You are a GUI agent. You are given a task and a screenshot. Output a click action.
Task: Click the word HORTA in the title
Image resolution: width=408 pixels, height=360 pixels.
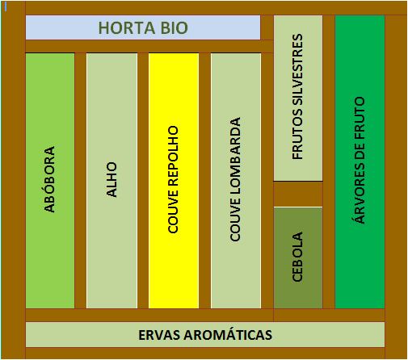click(127, 28)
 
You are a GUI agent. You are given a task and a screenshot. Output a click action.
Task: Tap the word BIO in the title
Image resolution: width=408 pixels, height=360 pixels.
click(175, 28)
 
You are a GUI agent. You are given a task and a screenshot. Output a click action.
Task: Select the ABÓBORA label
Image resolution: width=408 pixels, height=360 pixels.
click(49, 179)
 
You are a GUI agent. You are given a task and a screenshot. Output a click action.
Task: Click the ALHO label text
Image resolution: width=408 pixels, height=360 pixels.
click(111, 179)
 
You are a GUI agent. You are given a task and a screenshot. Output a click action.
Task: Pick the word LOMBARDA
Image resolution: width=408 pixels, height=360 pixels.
click(235, 157)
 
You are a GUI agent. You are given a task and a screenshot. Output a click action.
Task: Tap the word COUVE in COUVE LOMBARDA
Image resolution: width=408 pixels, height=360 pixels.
click(235, 220)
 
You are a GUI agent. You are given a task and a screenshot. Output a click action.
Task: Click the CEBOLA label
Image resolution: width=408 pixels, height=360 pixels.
click(297, 257)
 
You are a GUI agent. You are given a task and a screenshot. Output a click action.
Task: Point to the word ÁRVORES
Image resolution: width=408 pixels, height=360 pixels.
click(360, 193)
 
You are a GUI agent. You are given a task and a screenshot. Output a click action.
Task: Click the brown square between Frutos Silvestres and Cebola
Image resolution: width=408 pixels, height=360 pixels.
click(298, 194)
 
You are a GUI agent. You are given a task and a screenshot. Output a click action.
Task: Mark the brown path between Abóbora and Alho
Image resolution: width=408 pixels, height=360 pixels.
click(80, 181)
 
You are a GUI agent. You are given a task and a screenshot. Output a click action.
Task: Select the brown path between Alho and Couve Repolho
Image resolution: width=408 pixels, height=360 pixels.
click(143, 181)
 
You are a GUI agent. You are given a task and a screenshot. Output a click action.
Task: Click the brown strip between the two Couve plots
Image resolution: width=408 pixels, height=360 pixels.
click(204, 181)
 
